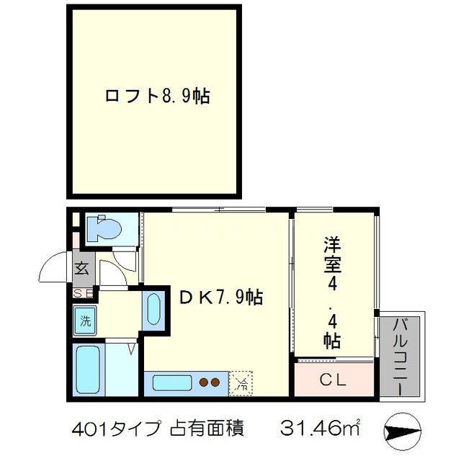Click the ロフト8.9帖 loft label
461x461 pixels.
pyautogui.click(x=157, y=97)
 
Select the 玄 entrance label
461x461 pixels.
pyautogui.click(x=81, y=270)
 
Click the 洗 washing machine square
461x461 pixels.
pyautogui.click(x=86, y=321)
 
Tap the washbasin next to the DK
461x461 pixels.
pyautogui.click(x=153, y=310)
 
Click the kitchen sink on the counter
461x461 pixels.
pyautogui.click(x=171, y=382)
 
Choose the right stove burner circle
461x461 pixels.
pyautogui.click(x=215, y=382)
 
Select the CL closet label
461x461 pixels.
pyautogui.click(x=334, y=378)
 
